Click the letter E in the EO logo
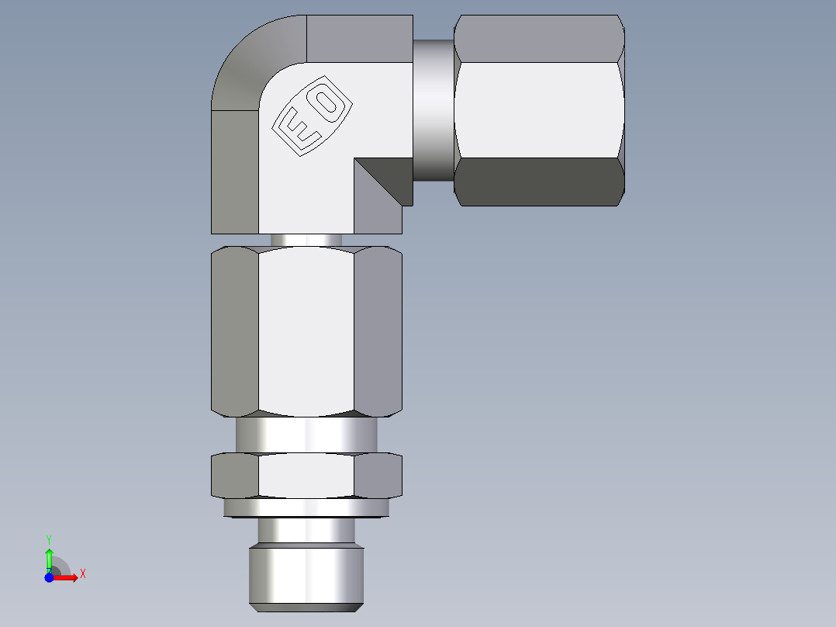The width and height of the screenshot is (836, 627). click(296, 129)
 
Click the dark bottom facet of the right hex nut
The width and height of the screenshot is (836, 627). click(539, 182)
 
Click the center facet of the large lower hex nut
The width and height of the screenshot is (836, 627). click(306, 330)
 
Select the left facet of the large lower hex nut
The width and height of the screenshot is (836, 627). click(235, 330)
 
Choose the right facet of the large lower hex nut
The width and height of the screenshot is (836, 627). click(378, 330)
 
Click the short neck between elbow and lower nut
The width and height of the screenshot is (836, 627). click(306, 240)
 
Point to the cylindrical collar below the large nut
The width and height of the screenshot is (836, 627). click(306, 435)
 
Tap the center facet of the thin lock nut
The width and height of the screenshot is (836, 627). click(306, 475)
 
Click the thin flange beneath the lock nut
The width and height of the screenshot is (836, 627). click(306, 507)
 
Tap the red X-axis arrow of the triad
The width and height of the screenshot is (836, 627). click(68, 577)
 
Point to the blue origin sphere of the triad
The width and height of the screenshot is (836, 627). click(50, 577)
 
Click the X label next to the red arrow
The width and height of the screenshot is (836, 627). click(82, 573)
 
